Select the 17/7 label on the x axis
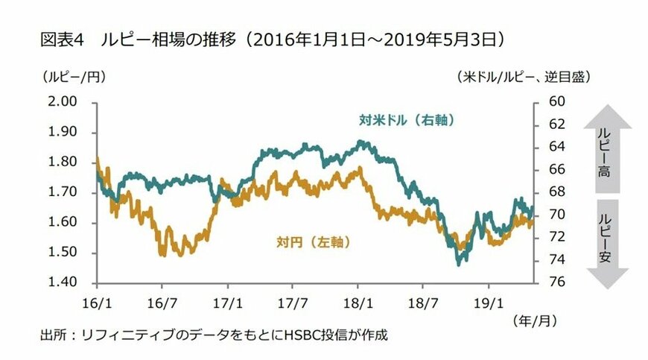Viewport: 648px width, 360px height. [x=293, y=303]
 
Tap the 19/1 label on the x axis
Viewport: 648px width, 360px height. [x=489, y=303]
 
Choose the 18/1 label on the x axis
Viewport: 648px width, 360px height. [x=358, y=303]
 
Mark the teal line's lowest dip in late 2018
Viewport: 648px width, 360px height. [x=459, y=263]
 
